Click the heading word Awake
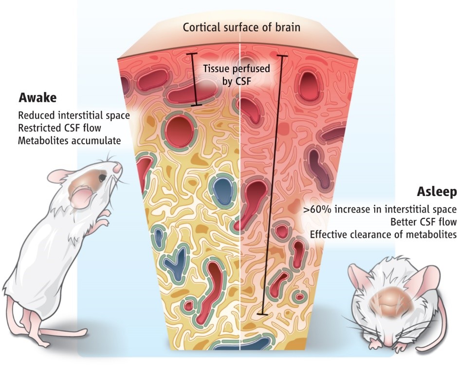pos(37,98)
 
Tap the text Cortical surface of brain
pos(241,26)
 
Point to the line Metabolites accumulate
pos(69,141)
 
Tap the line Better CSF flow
pos(422,222)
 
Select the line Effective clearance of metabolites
pos(383,234)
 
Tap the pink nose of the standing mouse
pos(117,168)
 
